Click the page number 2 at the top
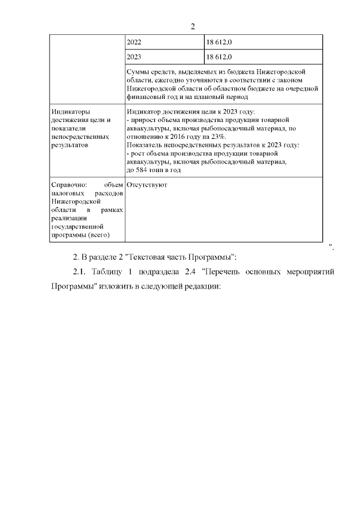tap(192, 26)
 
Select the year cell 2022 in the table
tap(135, 42)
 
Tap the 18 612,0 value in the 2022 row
tap(219, 42)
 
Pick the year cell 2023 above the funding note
tap(135, 57)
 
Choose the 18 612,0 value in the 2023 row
tap(219, 57)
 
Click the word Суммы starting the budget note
tap(138, 73)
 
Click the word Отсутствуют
tap(147, 184)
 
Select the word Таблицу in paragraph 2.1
tap(105, 272)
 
